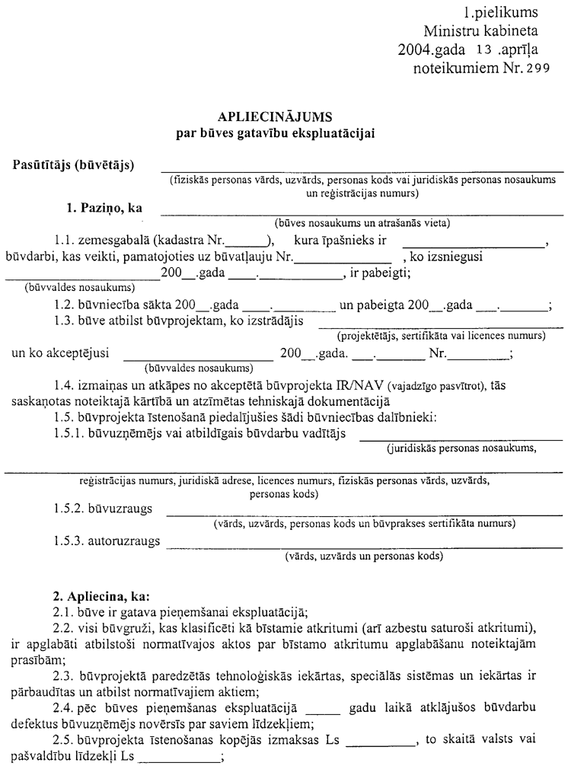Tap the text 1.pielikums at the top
(x=500, y=13)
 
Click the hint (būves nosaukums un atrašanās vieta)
(x=362, y=223)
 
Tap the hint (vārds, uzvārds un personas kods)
(x=363, y=557)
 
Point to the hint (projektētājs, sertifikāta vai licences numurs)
(x=441, y=336)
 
